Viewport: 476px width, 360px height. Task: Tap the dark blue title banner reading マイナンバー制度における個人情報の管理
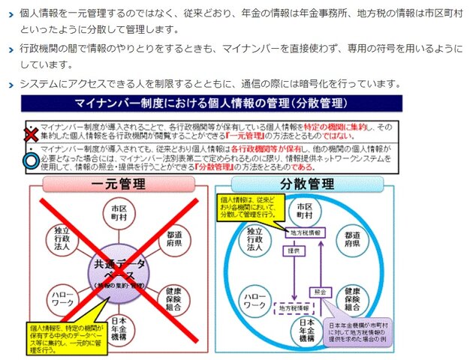coord(211,102)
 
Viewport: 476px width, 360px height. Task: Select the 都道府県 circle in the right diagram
coord(354,237)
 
